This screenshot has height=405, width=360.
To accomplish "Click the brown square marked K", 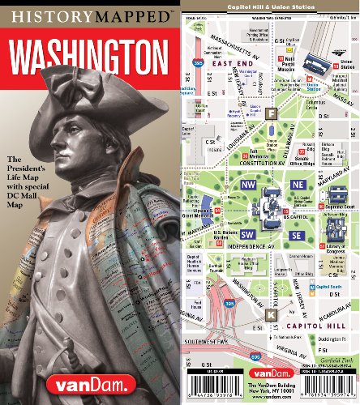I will [x=271, y=313].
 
